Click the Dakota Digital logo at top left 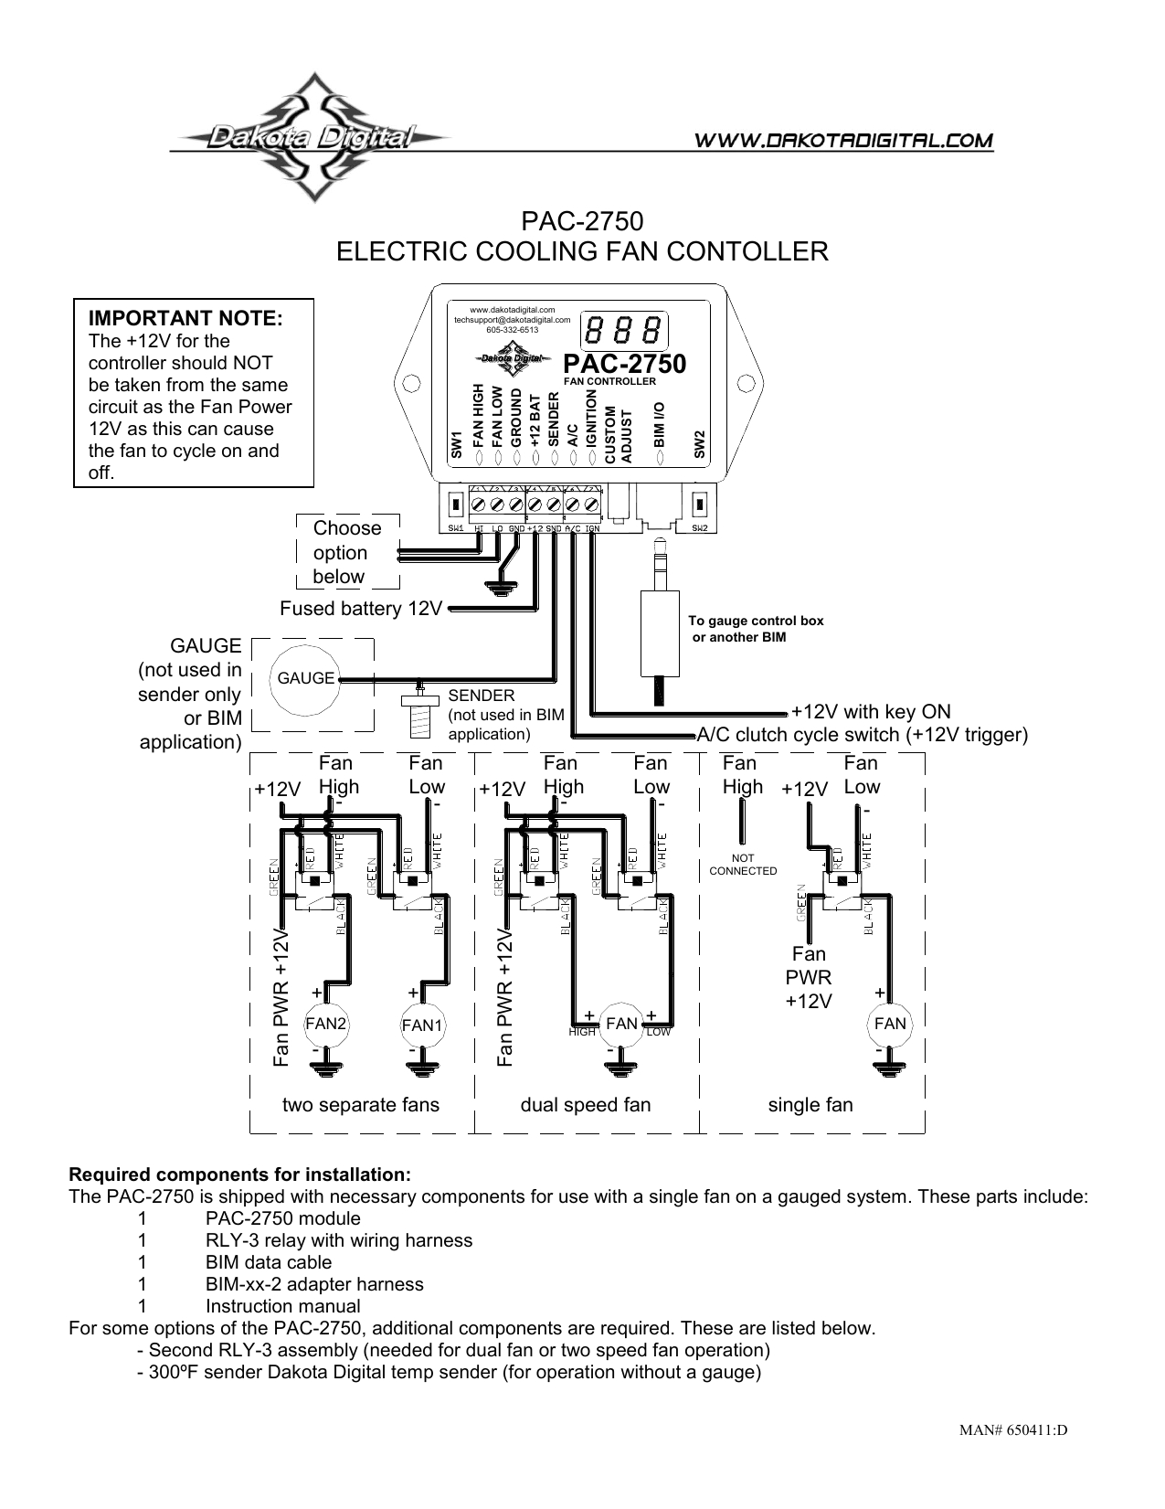point(311,138)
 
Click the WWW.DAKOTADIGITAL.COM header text point(844,141)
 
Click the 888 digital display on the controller point(626,330)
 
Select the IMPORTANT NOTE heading point(185,319)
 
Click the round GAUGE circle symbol point(306,678)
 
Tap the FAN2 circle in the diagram point(326,1024)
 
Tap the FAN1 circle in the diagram point(422,1025)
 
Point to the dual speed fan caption point(586,1105)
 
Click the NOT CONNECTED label point(743,865)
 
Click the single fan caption point(810,1105)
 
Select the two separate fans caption point(361,1105)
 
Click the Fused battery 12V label point(361,609)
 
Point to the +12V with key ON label point(871,712)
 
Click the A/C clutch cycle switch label point(863,735)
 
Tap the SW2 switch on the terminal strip point(700,504)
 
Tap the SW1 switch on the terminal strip point(456,504)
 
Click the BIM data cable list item point(269,1262)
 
